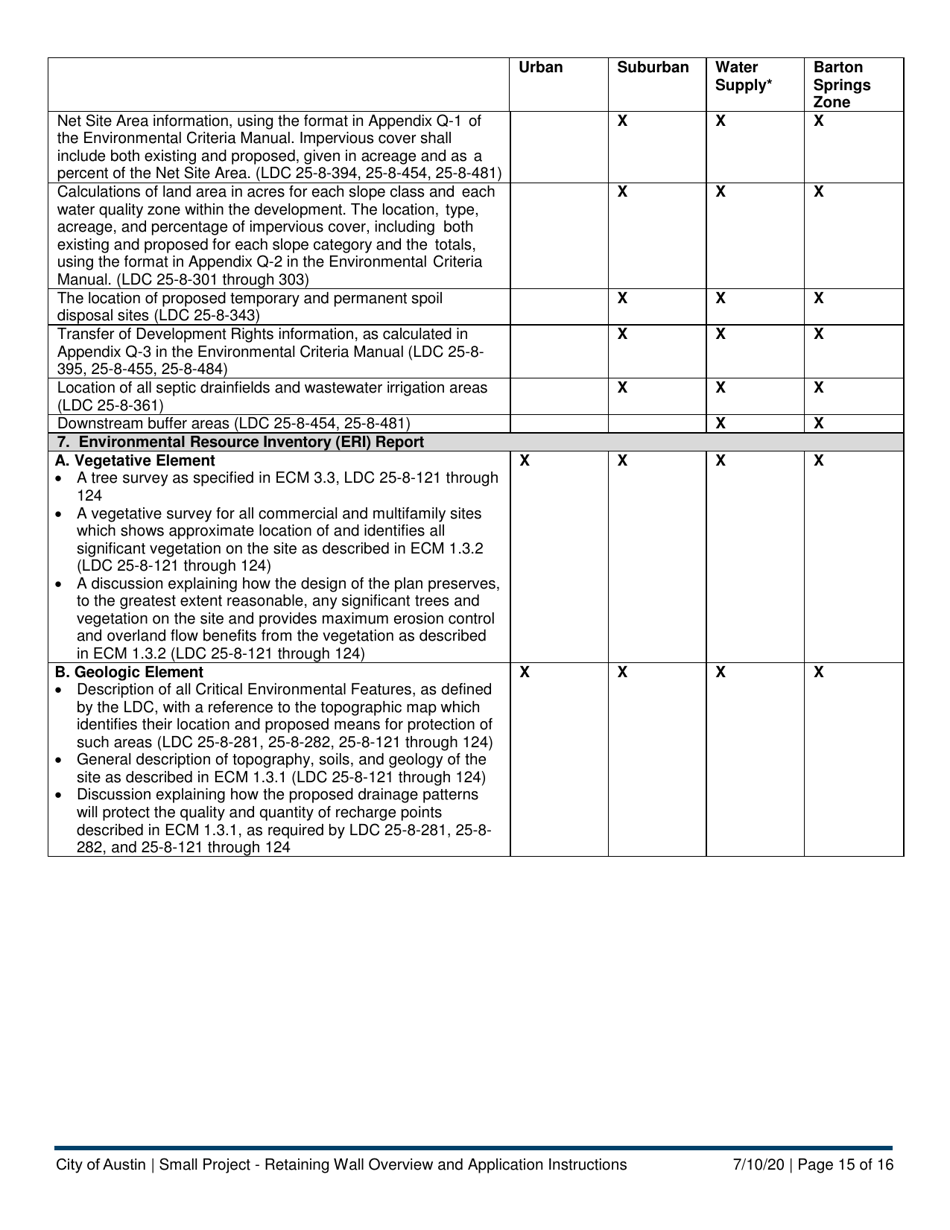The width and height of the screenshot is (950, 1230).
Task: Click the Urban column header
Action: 541,68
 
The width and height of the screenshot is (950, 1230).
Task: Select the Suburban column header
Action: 653,68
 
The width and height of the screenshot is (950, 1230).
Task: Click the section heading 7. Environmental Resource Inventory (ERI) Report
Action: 240,442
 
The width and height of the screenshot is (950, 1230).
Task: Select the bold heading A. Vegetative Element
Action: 135,461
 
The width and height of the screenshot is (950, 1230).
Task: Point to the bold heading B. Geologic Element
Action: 129,672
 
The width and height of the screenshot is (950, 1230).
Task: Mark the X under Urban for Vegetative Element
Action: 524,461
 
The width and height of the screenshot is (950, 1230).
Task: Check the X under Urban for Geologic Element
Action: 524,673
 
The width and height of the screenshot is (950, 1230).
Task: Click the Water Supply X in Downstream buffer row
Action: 720,424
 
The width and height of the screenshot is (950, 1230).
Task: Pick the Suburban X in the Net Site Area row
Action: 622,121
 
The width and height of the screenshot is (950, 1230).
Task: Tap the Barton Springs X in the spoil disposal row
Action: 818,298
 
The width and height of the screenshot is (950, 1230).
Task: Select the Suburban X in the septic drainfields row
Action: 622,387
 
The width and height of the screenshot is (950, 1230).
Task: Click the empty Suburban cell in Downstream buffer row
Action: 656,424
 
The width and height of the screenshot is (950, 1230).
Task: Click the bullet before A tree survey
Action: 63,479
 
